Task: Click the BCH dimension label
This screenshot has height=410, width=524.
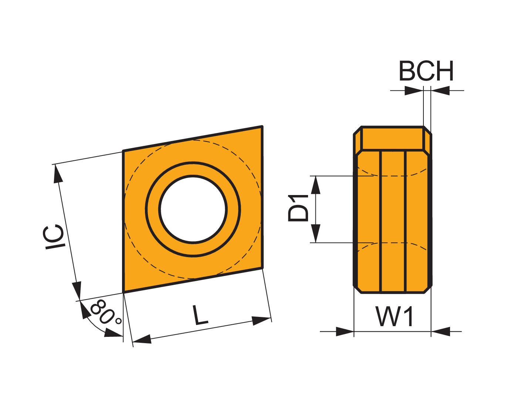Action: point(426,71)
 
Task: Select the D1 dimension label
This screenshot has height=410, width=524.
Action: point(298,208)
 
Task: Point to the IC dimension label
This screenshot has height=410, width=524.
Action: point(54,237)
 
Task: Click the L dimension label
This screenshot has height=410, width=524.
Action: point(200,315)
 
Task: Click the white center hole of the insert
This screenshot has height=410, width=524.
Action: point(193,209)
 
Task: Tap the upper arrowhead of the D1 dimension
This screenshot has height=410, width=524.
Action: point(315,185)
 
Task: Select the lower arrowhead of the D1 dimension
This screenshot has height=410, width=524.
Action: point(315,233)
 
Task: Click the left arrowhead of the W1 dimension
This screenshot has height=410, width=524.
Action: point(345,332)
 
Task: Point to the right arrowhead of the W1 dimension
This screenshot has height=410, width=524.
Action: point(440,332)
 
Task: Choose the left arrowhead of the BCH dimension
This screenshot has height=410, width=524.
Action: point(414,90)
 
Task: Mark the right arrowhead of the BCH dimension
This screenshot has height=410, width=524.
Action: point(440,90)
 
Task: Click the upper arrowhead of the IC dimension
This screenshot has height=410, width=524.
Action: point(58,174)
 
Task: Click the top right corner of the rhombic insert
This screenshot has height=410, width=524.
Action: point(262,126)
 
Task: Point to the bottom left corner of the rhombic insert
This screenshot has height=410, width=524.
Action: point(123,293)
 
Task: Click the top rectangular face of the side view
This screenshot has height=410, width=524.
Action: point(392,139)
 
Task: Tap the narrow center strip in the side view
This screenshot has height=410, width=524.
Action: point(393,222)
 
